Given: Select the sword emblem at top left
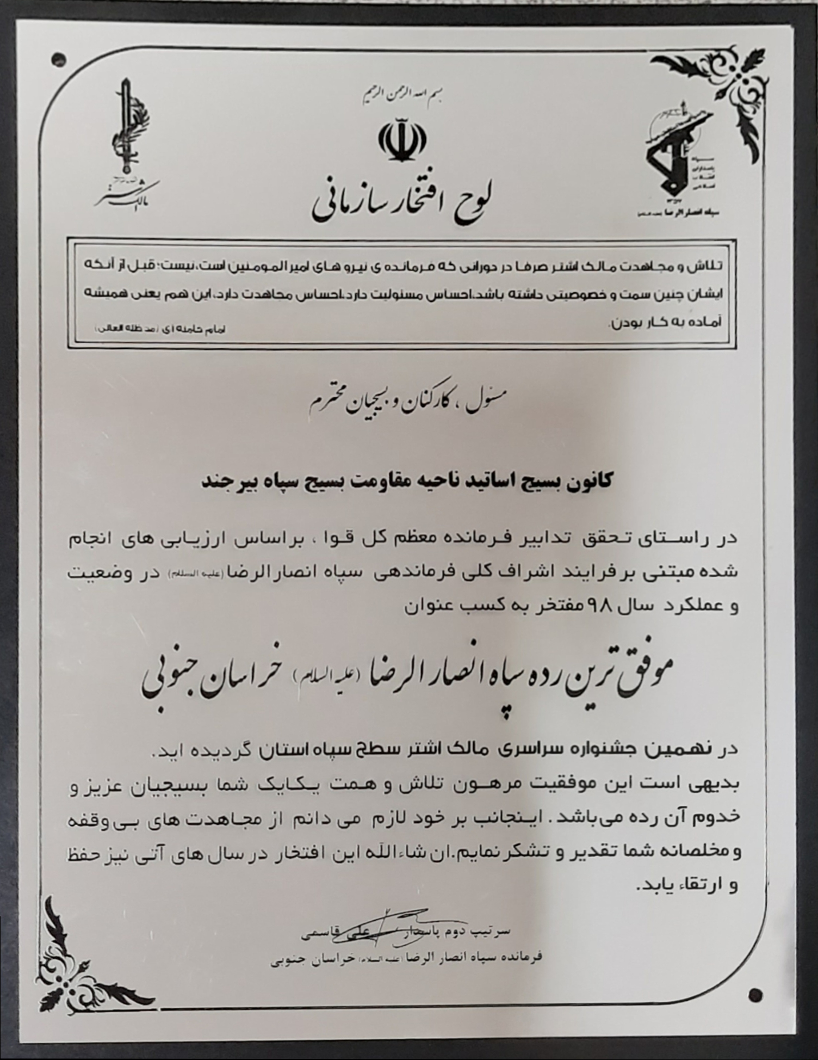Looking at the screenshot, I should [127, 131].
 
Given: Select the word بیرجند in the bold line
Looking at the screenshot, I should [225, 482].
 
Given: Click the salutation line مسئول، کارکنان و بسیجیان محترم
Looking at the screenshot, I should [405, 403].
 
